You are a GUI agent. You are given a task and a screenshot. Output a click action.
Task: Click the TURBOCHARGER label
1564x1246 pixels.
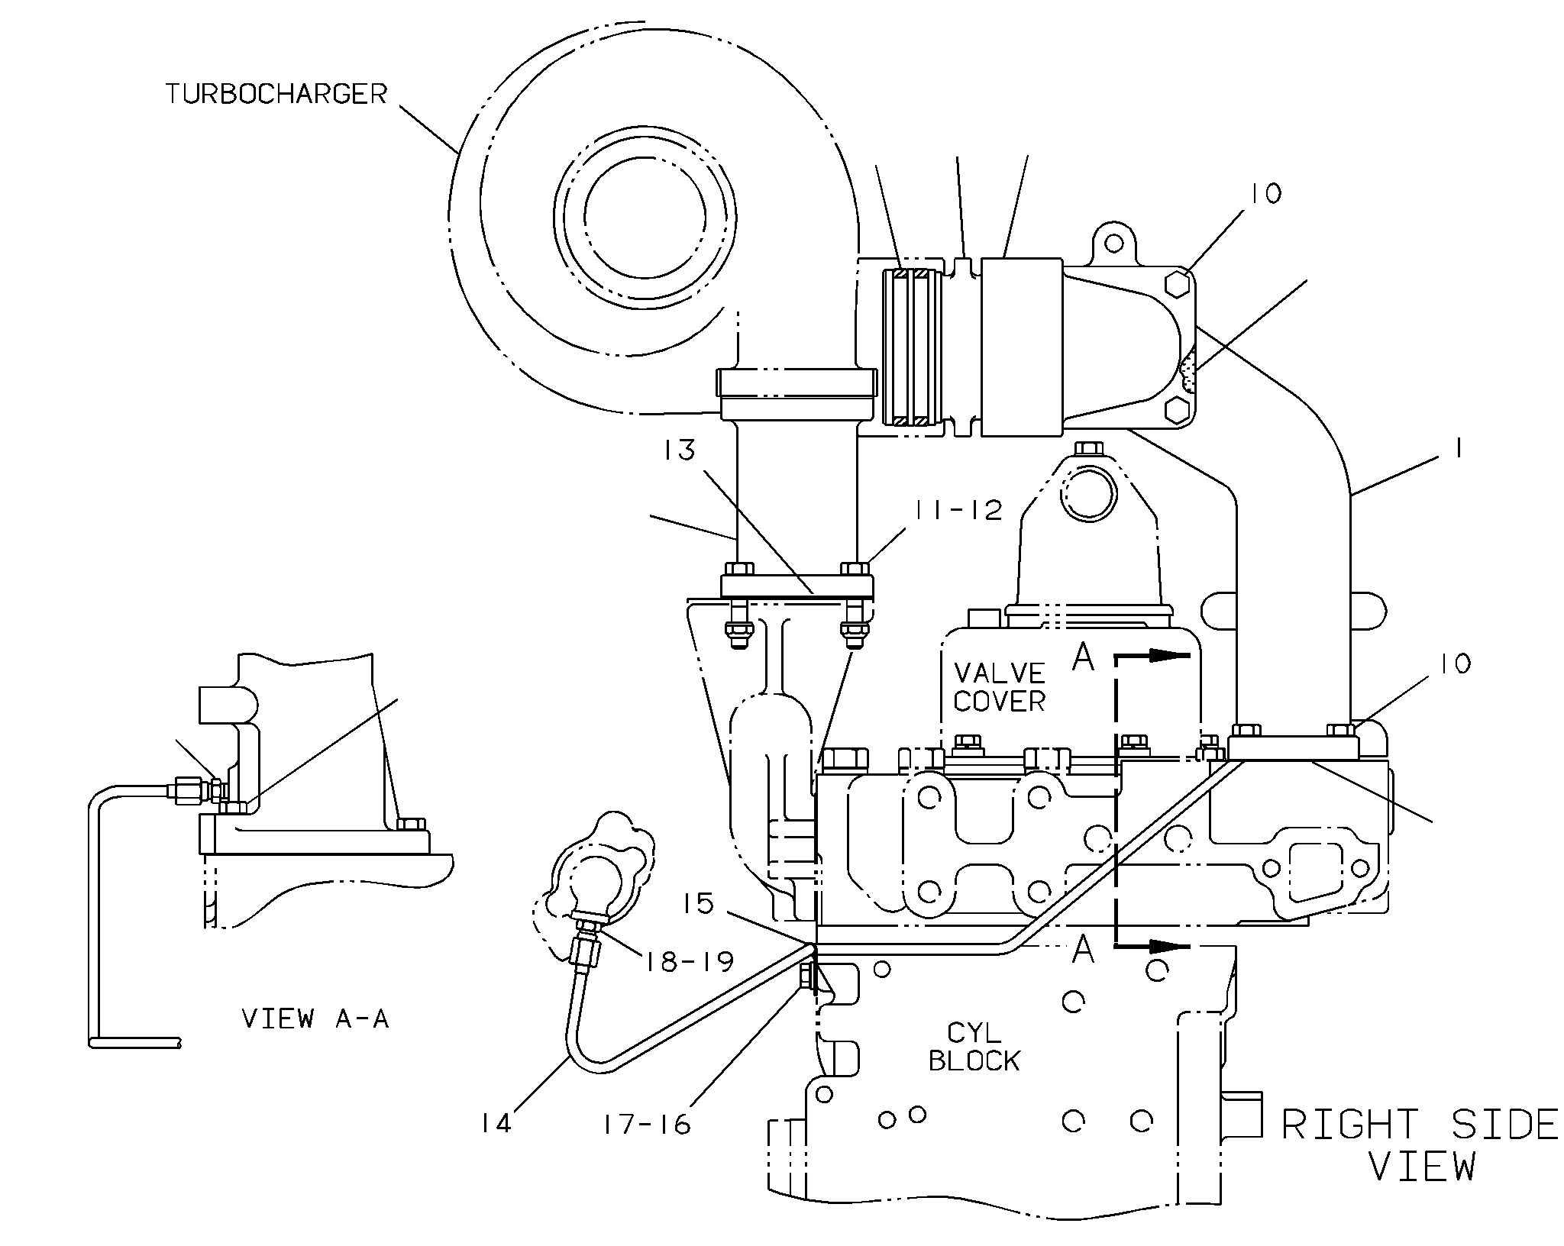(276, 94)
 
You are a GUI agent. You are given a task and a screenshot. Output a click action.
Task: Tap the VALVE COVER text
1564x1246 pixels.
(1000, 687)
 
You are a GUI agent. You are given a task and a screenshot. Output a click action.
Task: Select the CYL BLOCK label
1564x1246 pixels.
(974, 1047)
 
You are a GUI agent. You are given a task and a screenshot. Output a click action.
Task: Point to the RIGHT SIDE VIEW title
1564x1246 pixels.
(1420, 1145)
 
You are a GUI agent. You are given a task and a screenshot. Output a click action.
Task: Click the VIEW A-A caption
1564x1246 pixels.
(315, 1018)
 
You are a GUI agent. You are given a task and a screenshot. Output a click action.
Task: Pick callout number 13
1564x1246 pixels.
(679, 450)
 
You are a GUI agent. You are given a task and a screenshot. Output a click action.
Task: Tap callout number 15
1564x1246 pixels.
(698, 904)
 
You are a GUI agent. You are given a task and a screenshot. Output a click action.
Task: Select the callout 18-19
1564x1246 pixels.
(689, 961)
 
